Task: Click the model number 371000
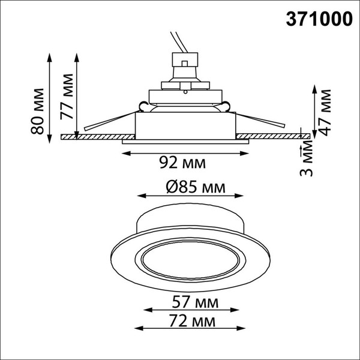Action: (317, 19)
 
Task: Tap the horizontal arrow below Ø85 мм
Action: (190, 196)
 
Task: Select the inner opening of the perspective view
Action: (188, 262)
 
